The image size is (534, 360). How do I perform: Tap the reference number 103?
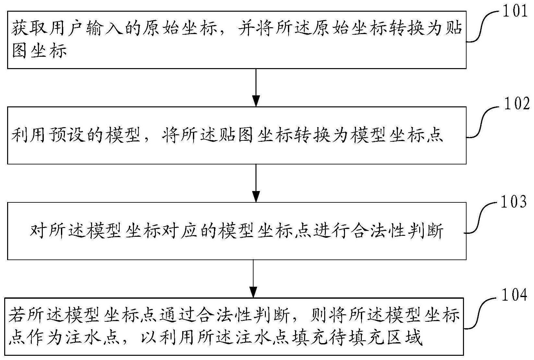[x=514, y=202]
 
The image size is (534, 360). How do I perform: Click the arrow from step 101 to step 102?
[x=256, y=88]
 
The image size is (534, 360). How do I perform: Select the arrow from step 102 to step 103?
[x=256, y=183]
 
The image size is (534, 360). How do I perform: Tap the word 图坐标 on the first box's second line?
[x=40, y=52]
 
